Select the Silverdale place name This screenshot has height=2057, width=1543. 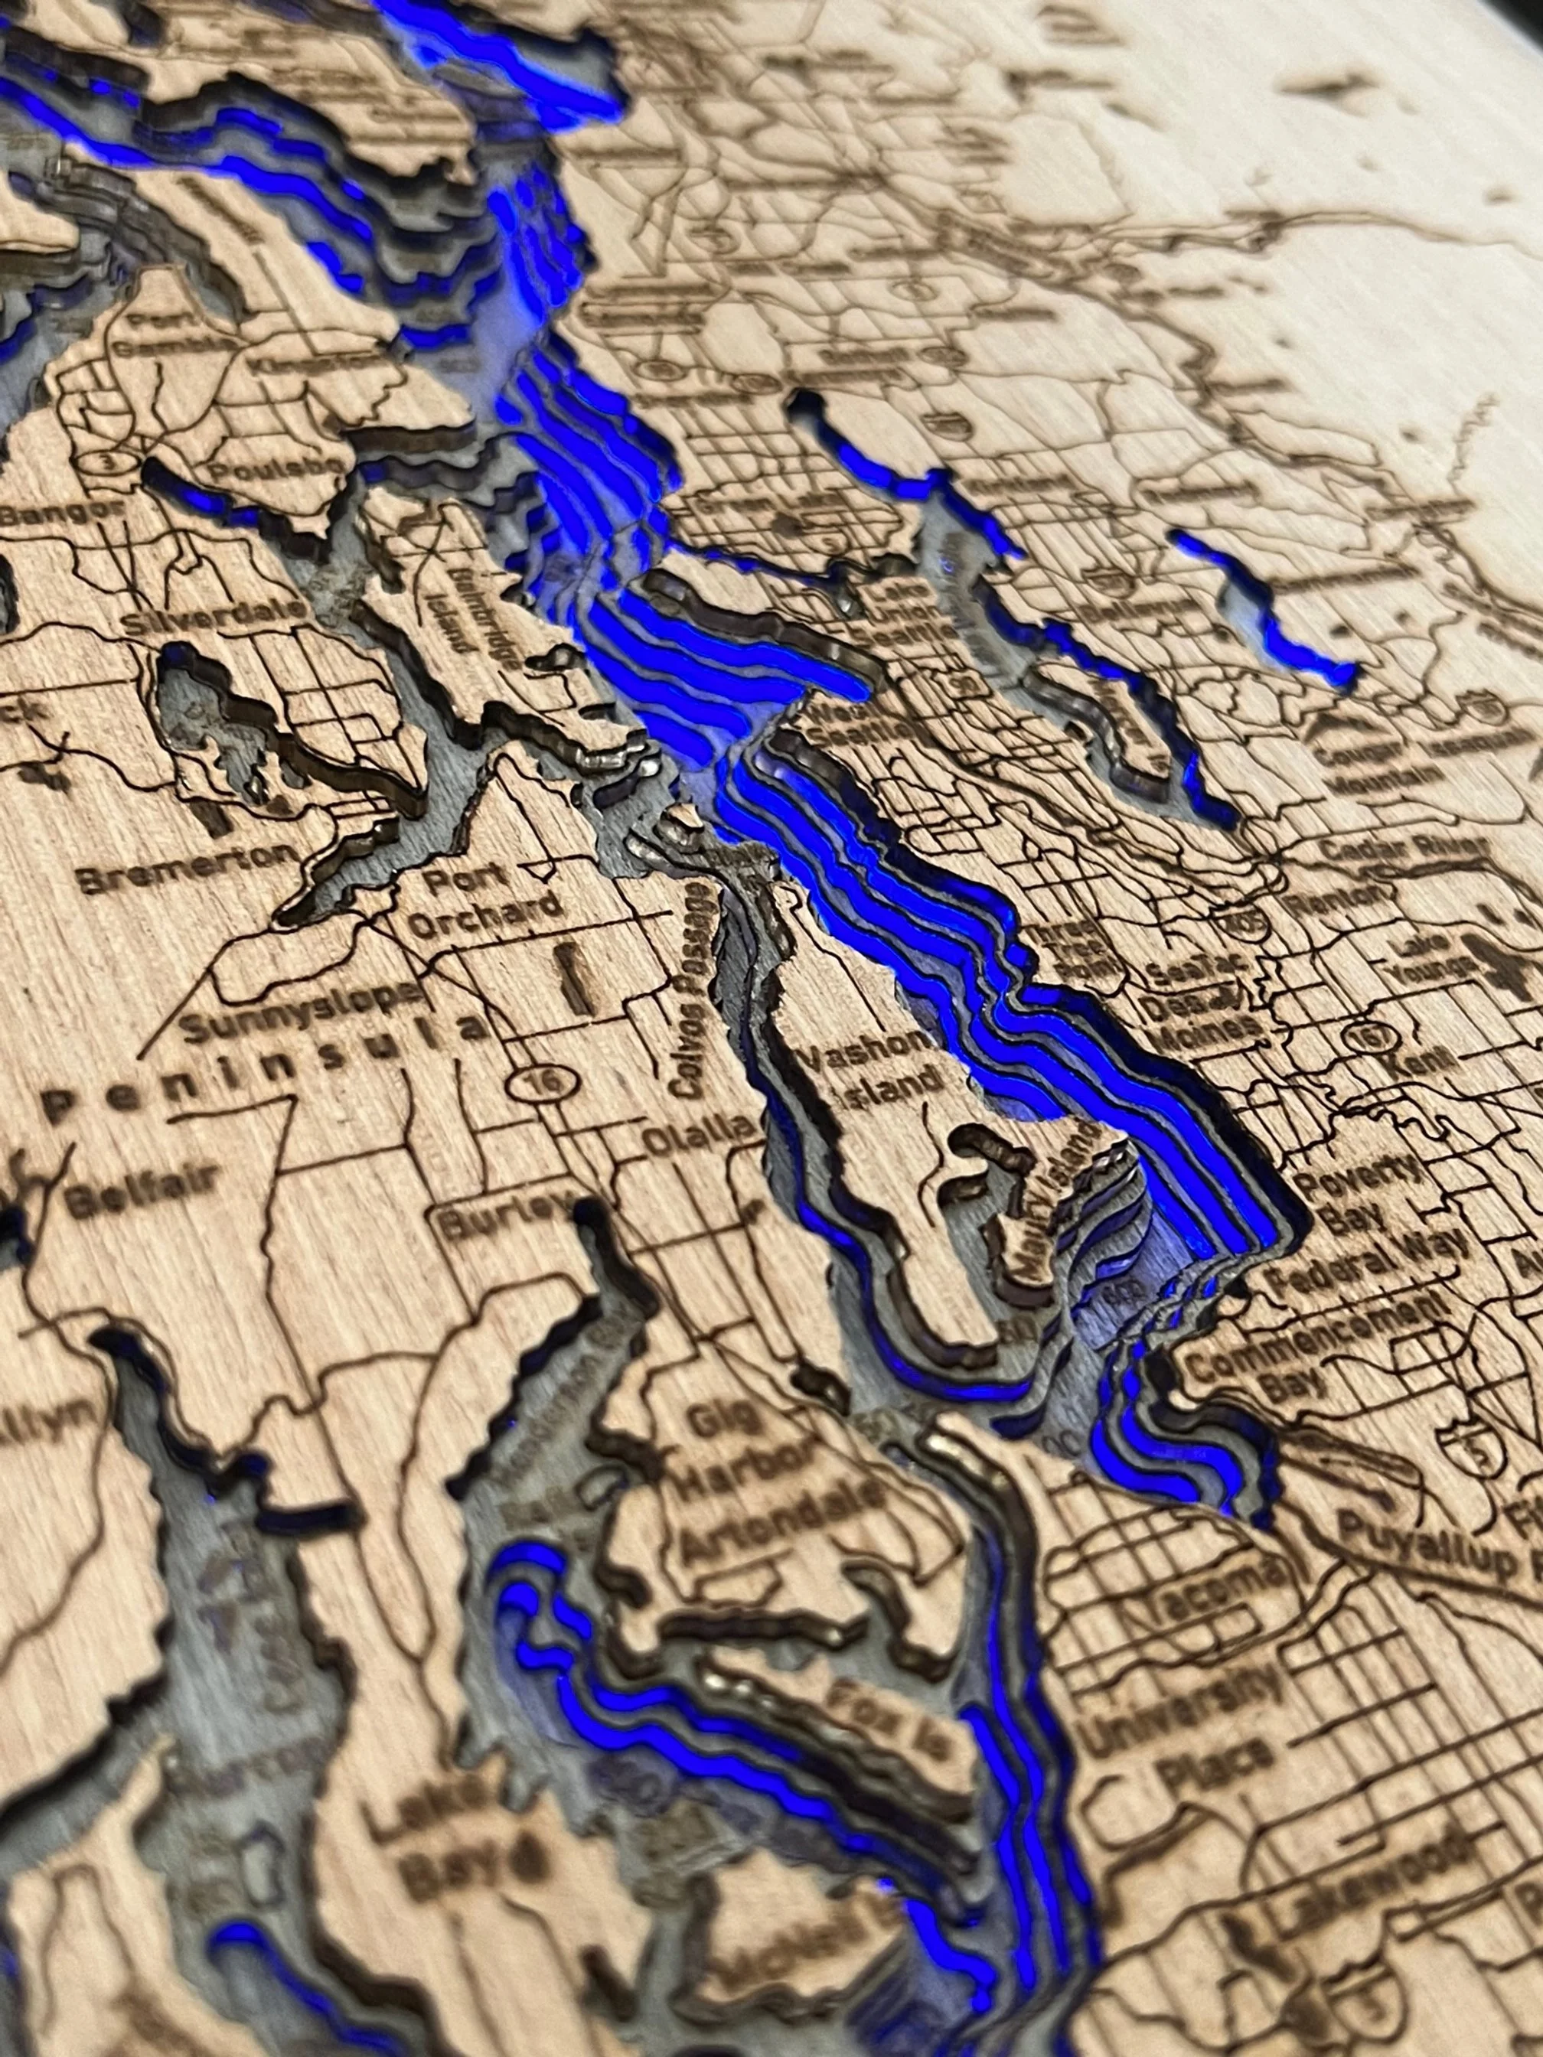pos(223,614)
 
